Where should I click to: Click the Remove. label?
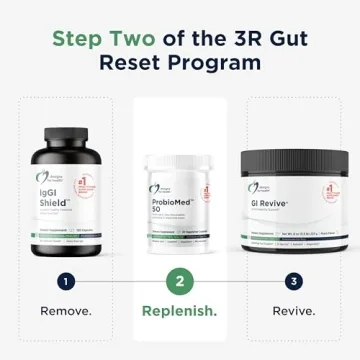tap(65, 310)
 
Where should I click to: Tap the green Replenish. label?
tap(180, 310)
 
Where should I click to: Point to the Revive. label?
tap(294, 310)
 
